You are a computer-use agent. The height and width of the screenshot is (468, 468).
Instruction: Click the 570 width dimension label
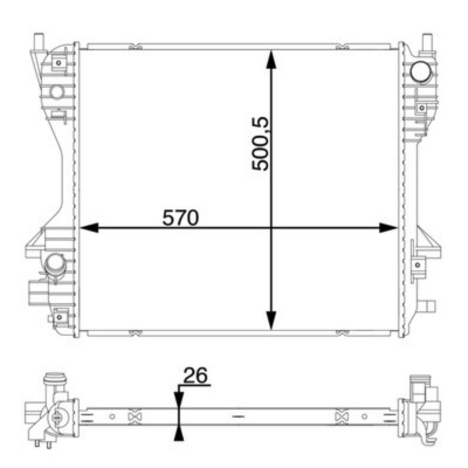(x=180, y=218)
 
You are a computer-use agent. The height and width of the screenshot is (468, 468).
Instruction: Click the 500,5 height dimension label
(x=260, y=144)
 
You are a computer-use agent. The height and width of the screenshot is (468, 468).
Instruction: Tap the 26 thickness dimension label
(x=195, y=375)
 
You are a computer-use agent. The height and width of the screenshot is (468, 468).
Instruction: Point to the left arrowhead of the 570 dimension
(x=90, y=228)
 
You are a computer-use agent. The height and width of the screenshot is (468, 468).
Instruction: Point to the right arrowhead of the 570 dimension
(x=388, y=228)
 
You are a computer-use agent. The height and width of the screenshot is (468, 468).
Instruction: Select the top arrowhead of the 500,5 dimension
(x=271, y=60)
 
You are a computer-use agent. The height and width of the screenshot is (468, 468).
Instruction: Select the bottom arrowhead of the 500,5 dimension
(x=271, y=320)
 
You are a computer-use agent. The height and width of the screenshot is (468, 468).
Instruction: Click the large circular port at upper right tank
(x=421, y=72)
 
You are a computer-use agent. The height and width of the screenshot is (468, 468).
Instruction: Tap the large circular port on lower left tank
(x=54, y=264)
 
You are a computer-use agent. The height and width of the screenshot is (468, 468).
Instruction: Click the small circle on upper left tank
(x=56, y=92)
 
